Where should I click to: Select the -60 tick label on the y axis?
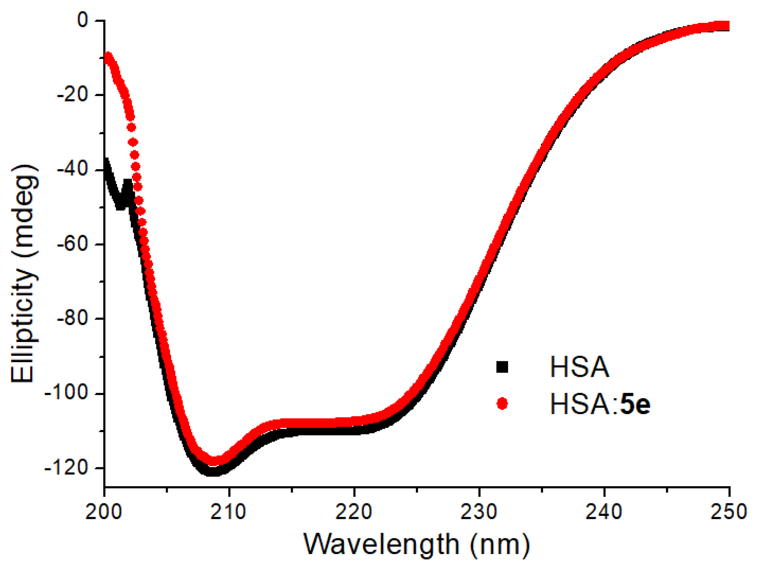point(72,244)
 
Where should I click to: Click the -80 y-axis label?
point(72,319)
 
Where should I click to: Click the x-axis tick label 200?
point(104,512)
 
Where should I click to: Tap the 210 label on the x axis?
point(229,512)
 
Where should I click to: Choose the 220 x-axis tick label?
point(354,512)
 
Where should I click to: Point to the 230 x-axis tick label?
point(479,512)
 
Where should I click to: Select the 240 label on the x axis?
point(604,512)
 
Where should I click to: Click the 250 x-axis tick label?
point(728,512)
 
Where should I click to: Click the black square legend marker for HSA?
point(502,367)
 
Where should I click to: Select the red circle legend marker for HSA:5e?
point(502,404)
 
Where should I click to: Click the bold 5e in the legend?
point(635,404)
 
